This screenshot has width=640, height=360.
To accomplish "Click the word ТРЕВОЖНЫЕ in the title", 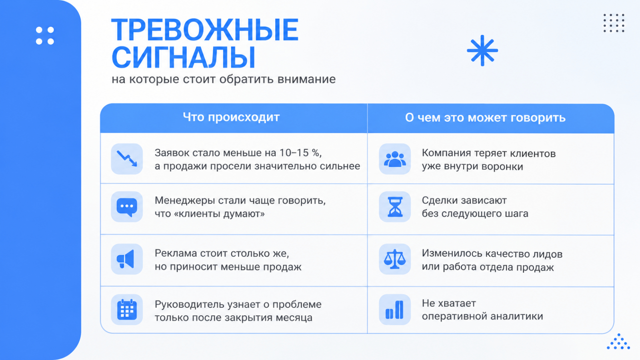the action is click(x=205, y=30).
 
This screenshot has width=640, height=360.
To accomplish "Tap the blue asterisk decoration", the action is click(x=482, y=50).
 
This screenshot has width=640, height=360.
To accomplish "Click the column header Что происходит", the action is click(x=231, y=118).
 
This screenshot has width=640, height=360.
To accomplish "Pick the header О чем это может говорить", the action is click(x=485, y=118).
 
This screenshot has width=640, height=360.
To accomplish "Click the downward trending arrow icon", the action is click(x=127, y=158).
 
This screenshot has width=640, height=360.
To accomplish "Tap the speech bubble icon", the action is click(x=127, y=207).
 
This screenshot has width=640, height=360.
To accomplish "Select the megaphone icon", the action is click(x=126, y=259).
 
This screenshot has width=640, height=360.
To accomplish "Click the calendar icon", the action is click(x=127, y=310).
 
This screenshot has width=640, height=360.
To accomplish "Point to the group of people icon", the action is click(x=395, y=159).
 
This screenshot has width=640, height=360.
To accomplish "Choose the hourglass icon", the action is click(x=395, y=206).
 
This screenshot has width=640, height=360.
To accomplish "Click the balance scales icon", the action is click(x=394, y=259).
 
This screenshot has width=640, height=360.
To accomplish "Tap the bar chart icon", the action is click(x=394, y=310).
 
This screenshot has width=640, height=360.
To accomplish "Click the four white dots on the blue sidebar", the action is click(x=45, y=36).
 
